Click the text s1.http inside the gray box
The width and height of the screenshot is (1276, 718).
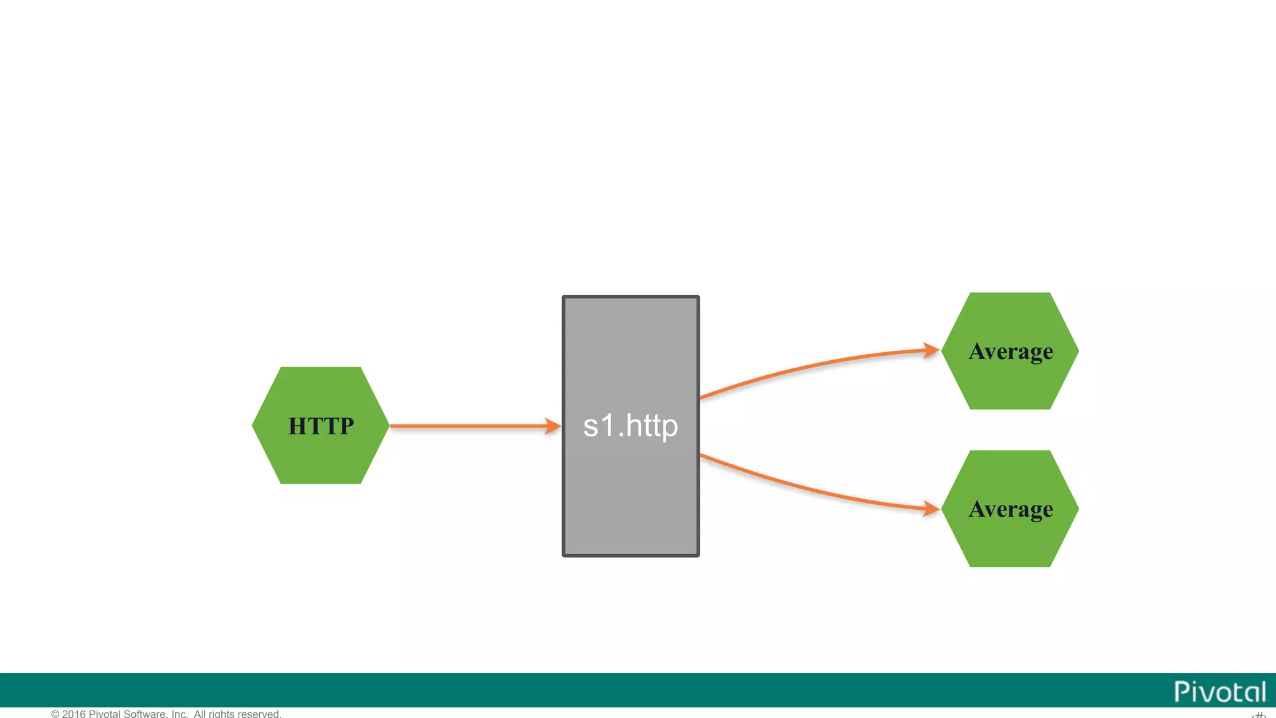pos(631,426)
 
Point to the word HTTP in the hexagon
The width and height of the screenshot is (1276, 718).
pos(321,426)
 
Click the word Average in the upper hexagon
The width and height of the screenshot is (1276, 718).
pos(1011,352)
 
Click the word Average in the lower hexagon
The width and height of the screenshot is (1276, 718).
pos(1011,510)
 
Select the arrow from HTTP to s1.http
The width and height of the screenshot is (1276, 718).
pos(467,426)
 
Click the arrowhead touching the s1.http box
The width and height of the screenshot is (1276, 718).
pos(553,426)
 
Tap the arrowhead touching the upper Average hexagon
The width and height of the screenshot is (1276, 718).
pos(931,350)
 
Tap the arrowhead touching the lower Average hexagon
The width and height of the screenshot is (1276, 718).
pos(931,509)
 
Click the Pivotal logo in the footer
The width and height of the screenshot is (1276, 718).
pos(1220,692)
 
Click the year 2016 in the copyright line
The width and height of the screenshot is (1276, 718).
pos(74,714)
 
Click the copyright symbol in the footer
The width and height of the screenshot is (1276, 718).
pos(55,714)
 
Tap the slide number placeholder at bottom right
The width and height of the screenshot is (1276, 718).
pos(1259,714)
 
